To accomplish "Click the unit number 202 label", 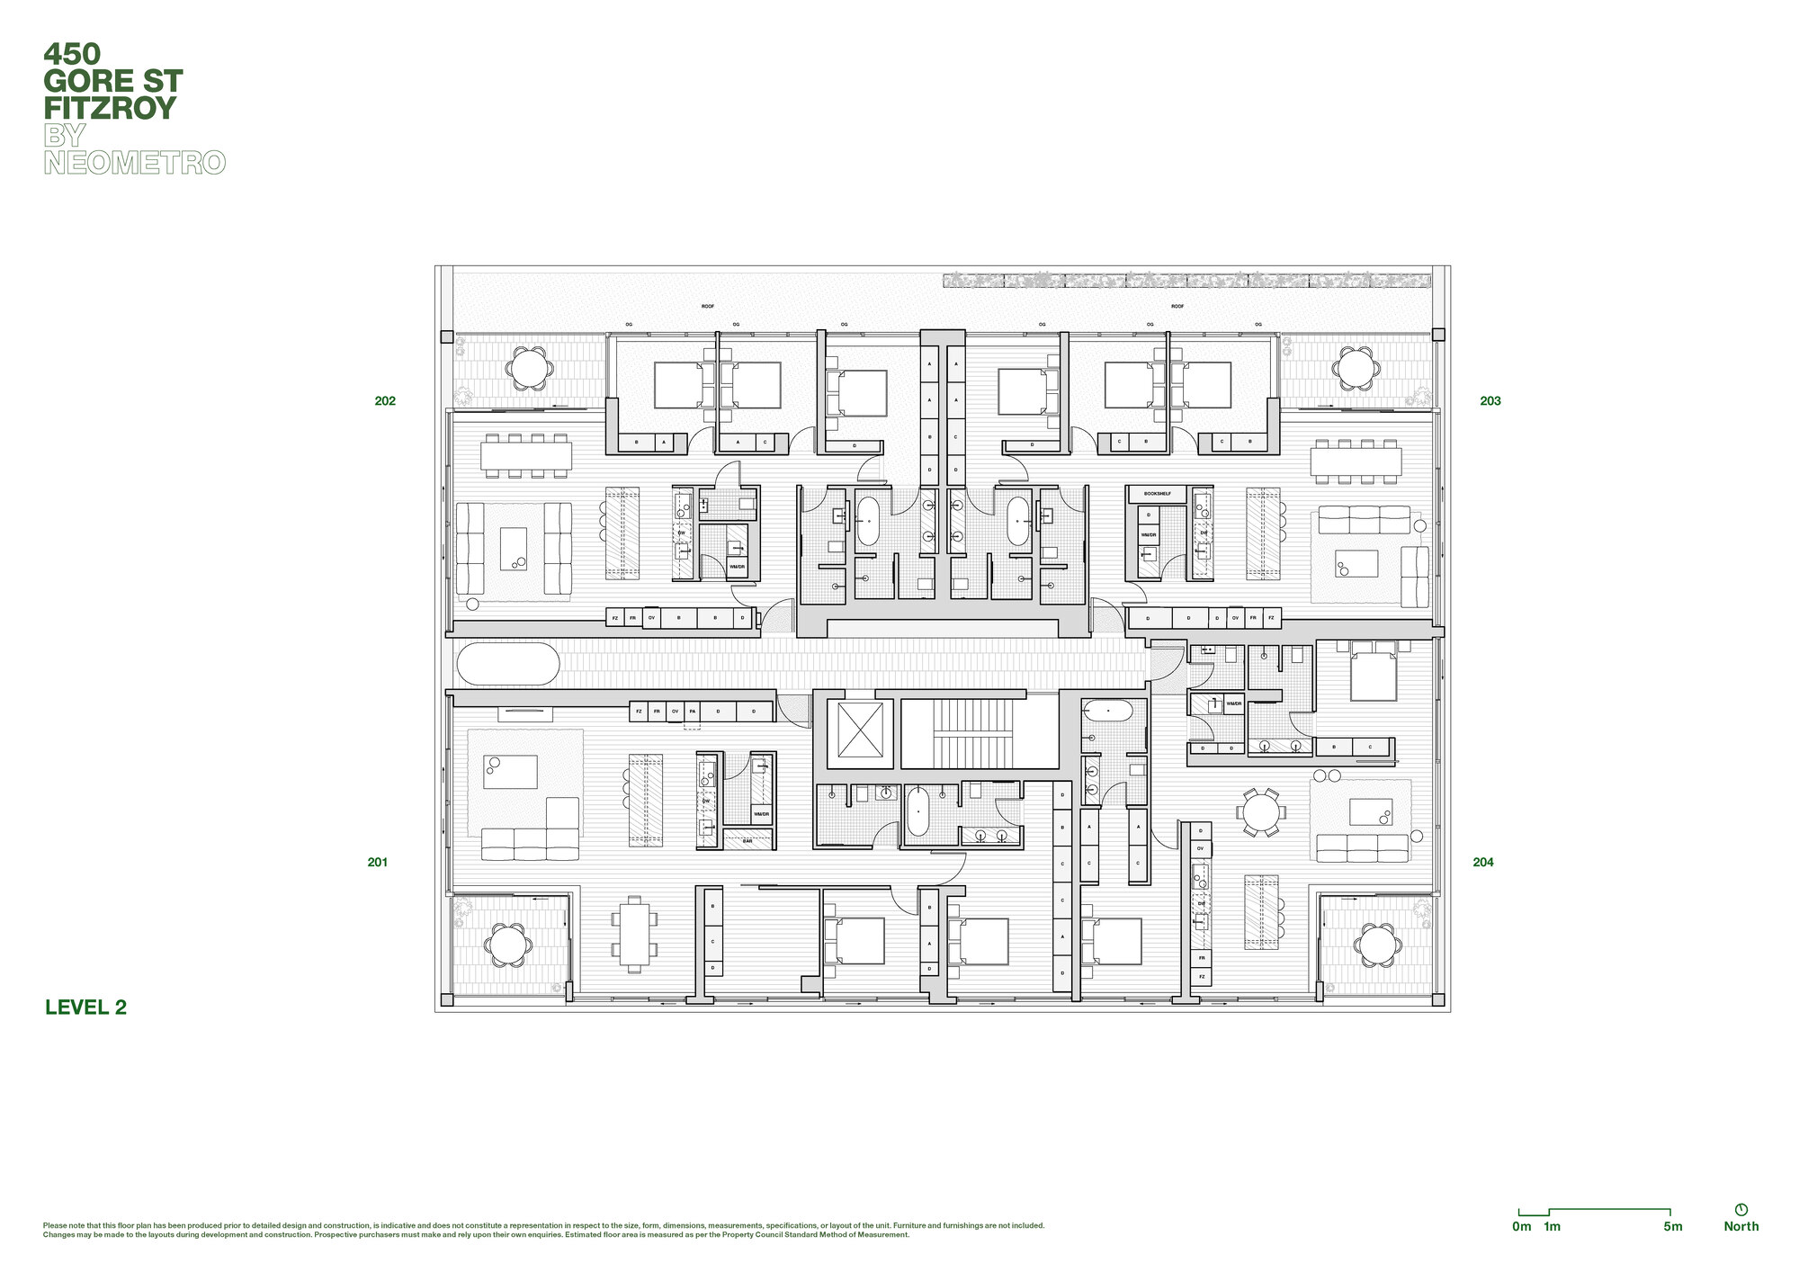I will point(385,401).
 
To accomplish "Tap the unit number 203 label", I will point(1490,401).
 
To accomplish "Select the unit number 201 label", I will point(378,862).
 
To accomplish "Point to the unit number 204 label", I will point(1483,862).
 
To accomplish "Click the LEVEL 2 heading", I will point(86,1008).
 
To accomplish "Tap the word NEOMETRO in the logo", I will point(135,163).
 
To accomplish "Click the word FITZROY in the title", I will point(110,109).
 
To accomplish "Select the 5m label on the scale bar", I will point(1672,1226).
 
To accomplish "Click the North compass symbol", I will point(1741,1210).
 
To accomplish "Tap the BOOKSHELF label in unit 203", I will point(1158,494).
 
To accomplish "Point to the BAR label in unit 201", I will point(747,841).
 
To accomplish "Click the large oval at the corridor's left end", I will point(508,664).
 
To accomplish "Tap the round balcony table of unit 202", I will point(529,368).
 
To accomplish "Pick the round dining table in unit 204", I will point(1259,812).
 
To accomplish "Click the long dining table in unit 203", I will point(1356,461).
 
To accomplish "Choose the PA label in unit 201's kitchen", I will point(692,712).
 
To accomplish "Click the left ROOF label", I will point(708,307).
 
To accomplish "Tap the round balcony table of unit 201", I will point(508,945).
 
